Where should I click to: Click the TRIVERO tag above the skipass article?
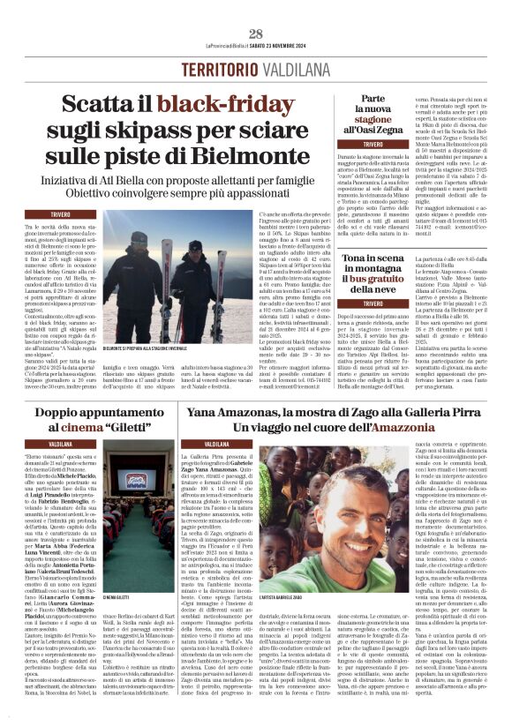(x=61, y=214)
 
